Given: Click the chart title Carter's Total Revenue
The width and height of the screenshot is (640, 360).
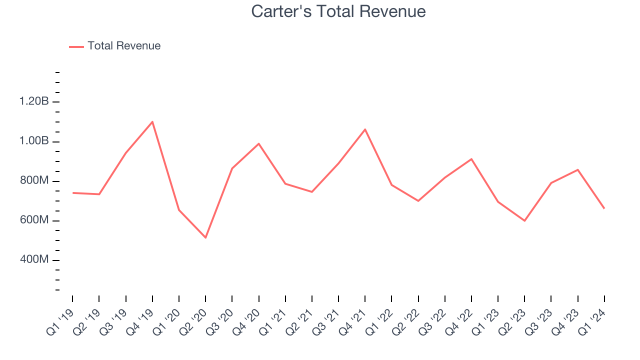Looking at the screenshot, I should click(x=338, y=11).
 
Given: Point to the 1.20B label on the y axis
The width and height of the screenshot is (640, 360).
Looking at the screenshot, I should click(x=34, y=102).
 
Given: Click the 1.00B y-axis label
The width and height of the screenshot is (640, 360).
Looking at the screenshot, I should click(x=34, y=141).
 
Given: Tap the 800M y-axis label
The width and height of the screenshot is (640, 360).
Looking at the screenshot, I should click(x=33, y=181).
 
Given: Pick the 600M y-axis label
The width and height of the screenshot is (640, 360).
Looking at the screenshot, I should click(x=33, y=220).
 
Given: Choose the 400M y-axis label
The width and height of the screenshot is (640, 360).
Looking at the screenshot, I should click(x=33, y=260).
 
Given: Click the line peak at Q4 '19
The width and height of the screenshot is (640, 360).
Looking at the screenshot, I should click(x=152, y=121).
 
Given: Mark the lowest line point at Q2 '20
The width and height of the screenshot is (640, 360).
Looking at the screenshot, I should click(x=205, y=237).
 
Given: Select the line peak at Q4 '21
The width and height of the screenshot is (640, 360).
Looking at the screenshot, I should click(x=365, y=129).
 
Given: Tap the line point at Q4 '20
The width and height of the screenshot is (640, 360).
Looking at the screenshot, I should click(x=258, y=143).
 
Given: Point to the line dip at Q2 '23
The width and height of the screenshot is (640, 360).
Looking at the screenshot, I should click(x=524, y=220).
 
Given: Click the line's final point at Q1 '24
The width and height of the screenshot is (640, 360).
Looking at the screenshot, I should click(x=604, y=208).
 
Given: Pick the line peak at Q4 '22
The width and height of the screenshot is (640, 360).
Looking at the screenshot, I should click(x=471, y=159).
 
